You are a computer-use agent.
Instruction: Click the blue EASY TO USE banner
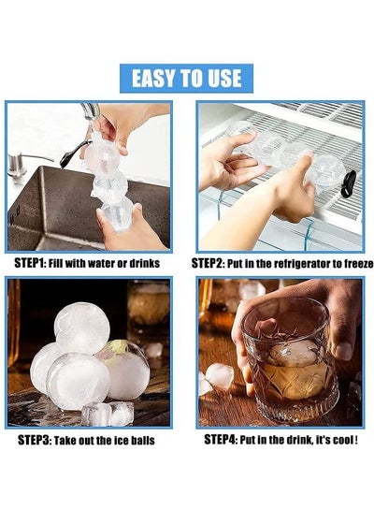point(186,79)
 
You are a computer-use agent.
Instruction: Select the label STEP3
point(33,440)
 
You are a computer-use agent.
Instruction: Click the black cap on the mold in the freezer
point(351,182)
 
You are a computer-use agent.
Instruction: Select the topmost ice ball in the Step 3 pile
point(82,328)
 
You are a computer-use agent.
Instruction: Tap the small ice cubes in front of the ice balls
point(108,414)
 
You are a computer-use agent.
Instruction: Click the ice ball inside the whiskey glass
point(294,353)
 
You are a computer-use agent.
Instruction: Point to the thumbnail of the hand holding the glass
point(344,351)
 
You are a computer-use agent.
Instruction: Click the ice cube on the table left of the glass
point(220,376)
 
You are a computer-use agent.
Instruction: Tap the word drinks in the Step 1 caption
point(145,264)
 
